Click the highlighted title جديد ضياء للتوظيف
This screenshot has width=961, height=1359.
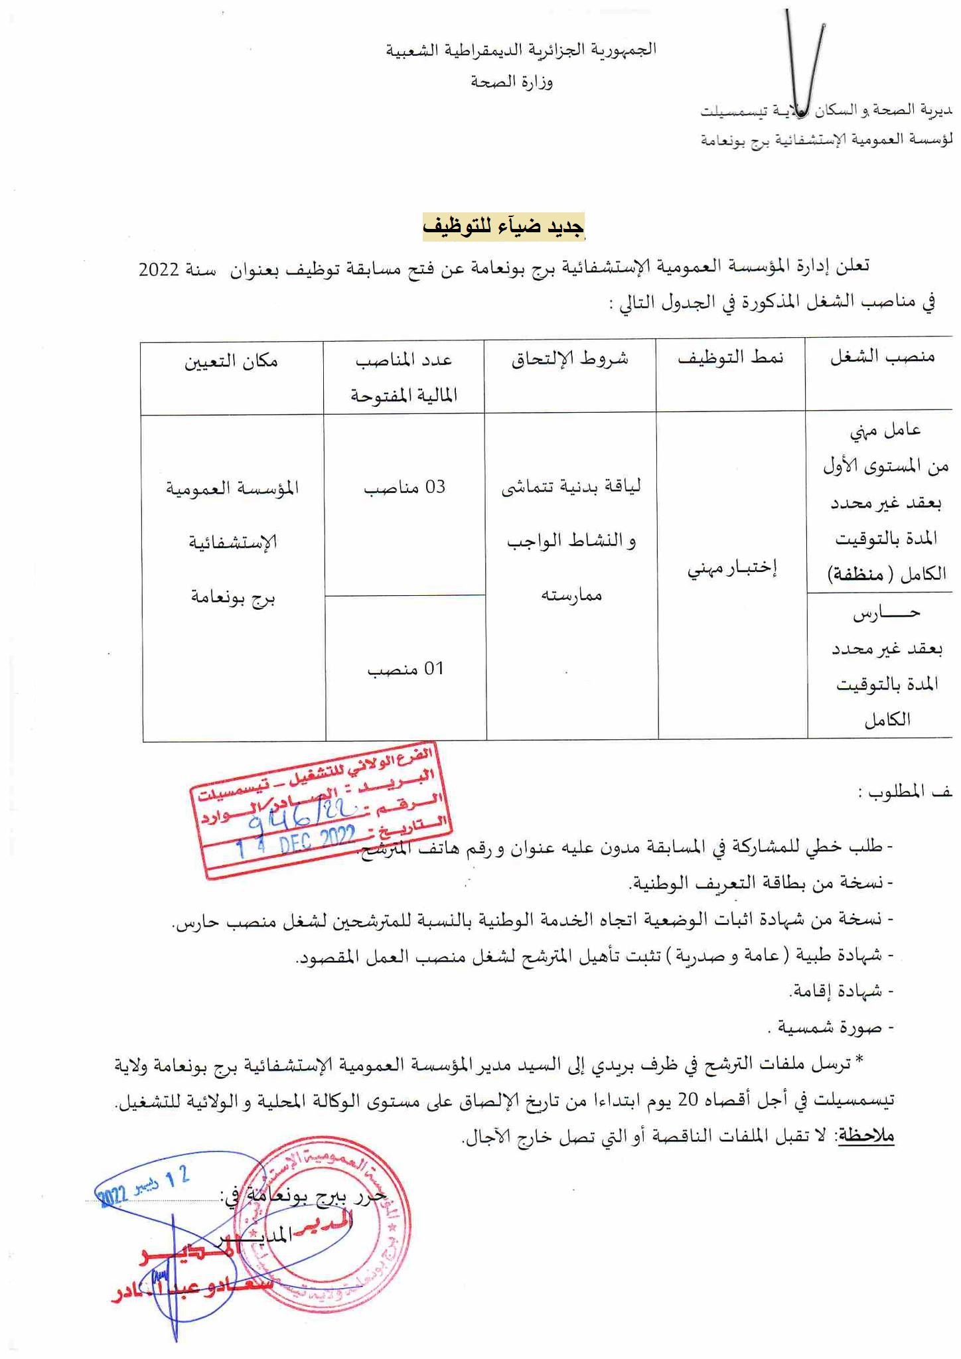click(x=504, y=227)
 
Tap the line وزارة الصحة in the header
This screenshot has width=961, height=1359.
click(x=512, y=82)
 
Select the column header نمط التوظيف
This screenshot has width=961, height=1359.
click(x=730, y=358)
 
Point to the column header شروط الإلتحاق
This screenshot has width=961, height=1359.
click(x=569, y=359)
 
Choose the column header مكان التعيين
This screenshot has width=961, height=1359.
click(x=231, y=361)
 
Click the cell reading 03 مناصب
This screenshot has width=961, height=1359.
click(x=404, y=488)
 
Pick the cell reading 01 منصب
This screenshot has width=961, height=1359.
click(x=405, y=669)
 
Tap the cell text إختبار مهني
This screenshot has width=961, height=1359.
click(x=731, y=569)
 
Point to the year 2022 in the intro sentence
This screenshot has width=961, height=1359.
click(x=159, y=270)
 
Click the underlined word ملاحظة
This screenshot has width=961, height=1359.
click(x=866, y=1136)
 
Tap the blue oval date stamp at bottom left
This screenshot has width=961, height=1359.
click(x=143, y=1188)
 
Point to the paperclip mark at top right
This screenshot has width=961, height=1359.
click(x=804, y=63)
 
